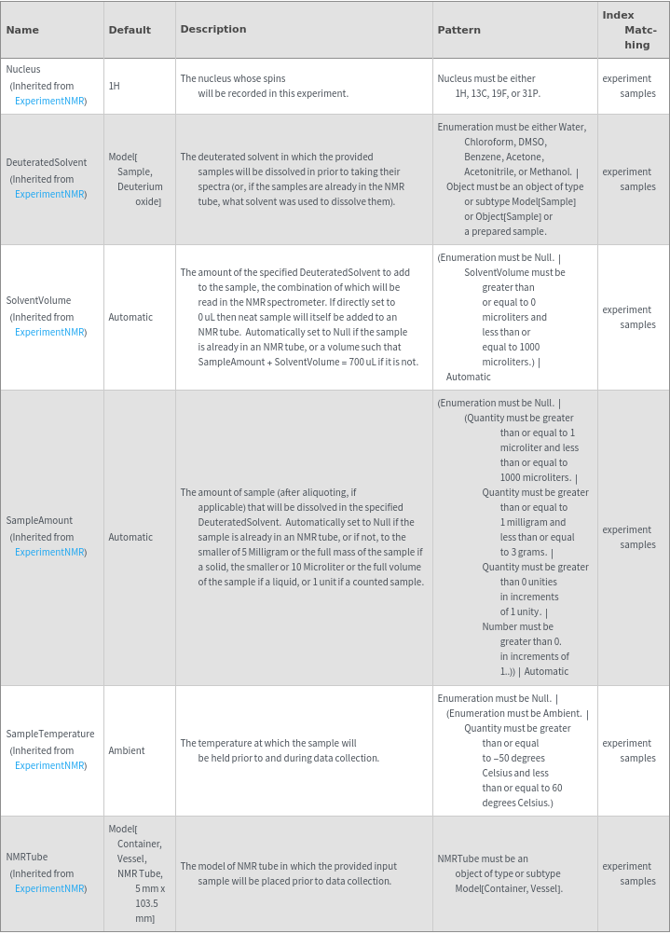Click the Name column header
point(22,30)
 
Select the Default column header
point(130,30)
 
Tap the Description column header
point(213,29)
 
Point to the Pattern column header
point(458,30)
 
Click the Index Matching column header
point(630,30)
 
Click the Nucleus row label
point(23,69)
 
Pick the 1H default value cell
point(114,86)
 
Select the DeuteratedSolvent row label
point(47,162)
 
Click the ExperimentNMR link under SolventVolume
point(50,332)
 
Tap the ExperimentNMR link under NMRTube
point(50,888)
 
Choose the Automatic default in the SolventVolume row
point(130,317)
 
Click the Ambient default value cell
point(127,750)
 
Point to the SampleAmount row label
point(39,520)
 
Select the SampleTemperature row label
point(50,734)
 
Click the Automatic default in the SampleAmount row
point(130,537)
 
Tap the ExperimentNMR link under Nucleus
point(50,101)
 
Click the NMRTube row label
point(27,857)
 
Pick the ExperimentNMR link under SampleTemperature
point(50,765)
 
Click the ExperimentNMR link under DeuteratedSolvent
point(50,194)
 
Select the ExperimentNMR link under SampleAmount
point(50,552)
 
